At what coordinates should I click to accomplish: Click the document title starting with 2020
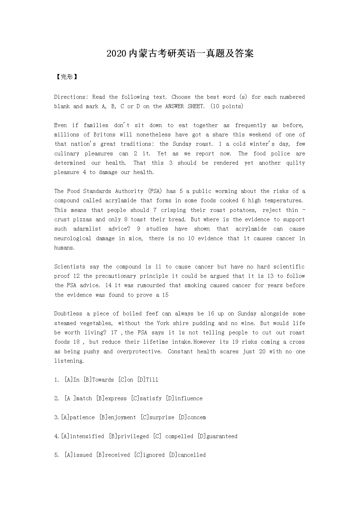coord(180,54)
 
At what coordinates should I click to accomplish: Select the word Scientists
coord(70,267)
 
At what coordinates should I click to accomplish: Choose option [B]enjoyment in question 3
coord(118,417)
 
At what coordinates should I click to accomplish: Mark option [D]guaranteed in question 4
coord(218,436)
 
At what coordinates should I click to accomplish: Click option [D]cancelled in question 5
coord(187,455)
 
